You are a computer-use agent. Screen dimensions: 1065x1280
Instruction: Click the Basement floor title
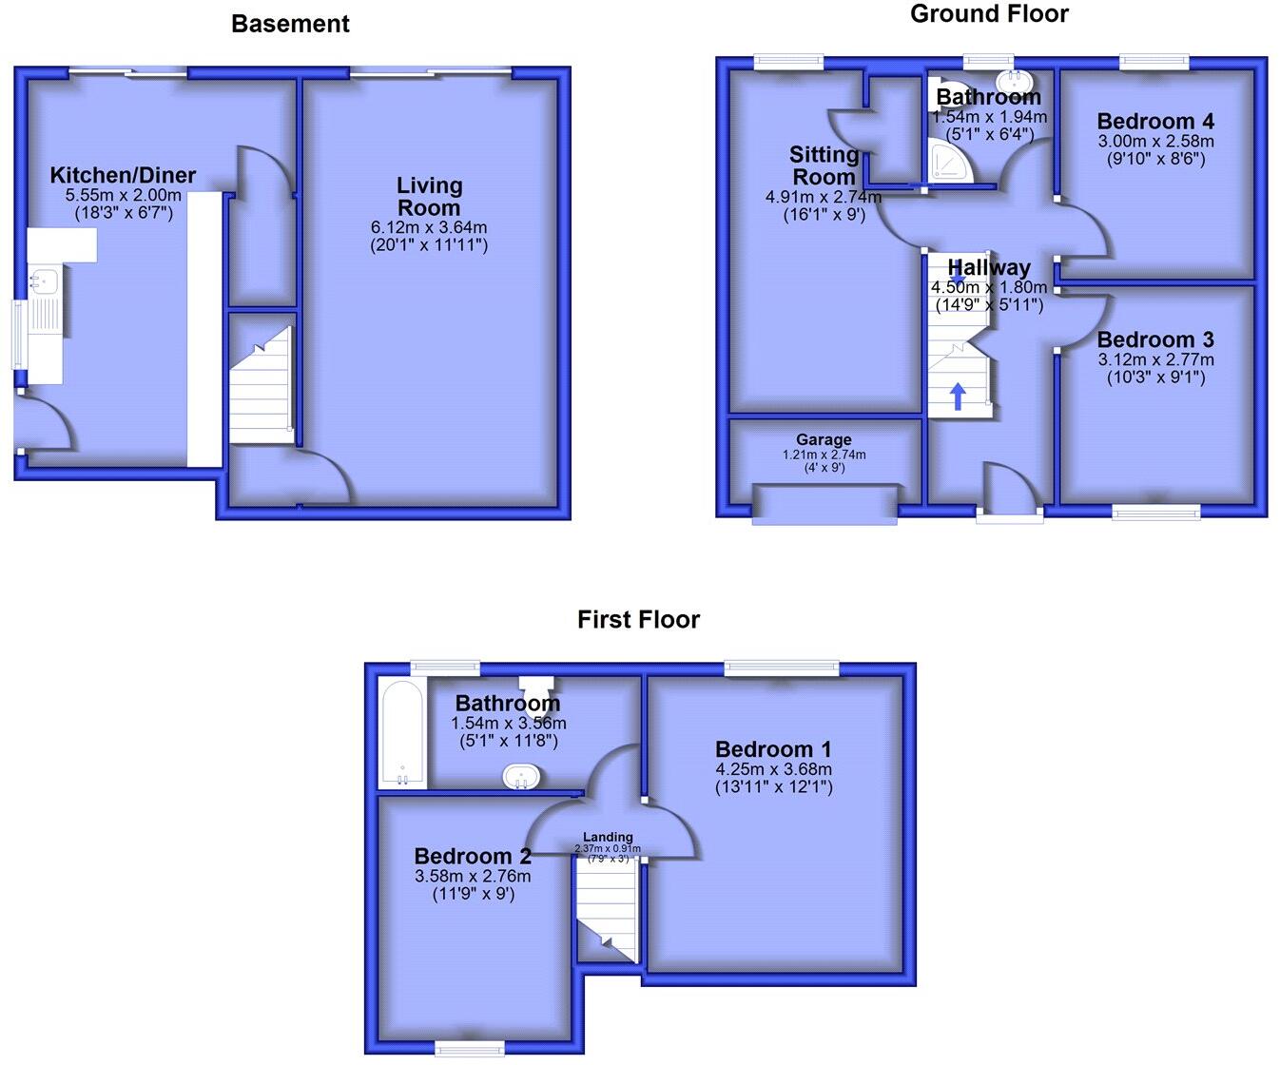click(x=290, y=25)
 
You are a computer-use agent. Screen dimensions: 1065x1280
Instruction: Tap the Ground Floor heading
click(x=989, y=14)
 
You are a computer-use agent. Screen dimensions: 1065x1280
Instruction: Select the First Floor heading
click(x=638, y=620)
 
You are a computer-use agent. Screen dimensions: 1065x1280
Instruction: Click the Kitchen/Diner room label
click(x=123, y=175)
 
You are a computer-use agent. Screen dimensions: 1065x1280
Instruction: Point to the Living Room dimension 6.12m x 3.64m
click(x=429, y=227)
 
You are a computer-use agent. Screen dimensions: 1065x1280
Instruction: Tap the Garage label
click(x=824, y=439)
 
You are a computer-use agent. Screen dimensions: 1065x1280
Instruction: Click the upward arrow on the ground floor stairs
click(x=958, y=396)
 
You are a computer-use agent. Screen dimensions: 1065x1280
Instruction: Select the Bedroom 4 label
click(x=1155, y=121)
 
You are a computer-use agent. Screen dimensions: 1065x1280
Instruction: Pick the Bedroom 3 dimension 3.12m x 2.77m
click(x=1155, y=359)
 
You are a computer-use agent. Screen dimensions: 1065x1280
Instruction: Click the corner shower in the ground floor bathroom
click(x=952, y=164)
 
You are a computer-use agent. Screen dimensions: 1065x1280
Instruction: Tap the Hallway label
click(x=989, y=267)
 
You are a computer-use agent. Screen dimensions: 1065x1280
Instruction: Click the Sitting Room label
click(x=824, y=165)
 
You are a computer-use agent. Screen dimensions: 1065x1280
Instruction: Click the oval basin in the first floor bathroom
click(x=521, y=777)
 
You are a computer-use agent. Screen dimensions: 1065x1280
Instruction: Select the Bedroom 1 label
click(x=773, y=748)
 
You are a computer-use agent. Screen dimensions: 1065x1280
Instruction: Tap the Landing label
click(x=608, y=837)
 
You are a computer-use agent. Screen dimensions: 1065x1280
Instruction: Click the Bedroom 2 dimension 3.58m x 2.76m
click(x=473, y=876)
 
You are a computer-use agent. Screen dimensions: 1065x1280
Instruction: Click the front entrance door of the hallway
click(x=1009, y=493)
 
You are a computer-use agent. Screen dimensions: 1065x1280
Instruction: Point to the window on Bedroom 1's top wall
click(x=782, y=668)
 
